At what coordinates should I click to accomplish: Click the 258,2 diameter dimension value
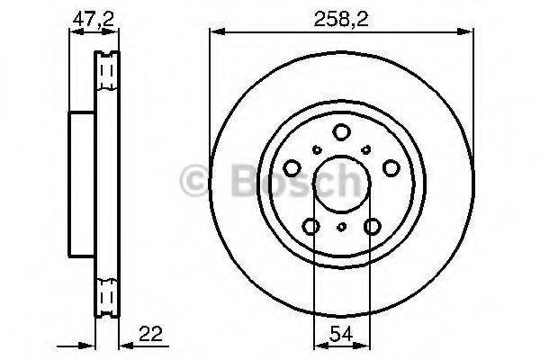tap(341, 19)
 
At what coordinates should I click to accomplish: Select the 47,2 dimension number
tap(93, 19)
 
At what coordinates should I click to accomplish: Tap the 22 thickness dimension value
tap(150, 334)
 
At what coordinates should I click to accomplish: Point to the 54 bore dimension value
tap(341, 334)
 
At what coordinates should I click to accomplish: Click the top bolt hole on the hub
tap(341, 132)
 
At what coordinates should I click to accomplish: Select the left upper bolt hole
tap(292, 168)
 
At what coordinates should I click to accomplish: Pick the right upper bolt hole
tap(391, 168)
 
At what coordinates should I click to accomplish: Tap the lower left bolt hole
tap(310, 226)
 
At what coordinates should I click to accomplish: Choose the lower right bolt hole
tap(373, 226)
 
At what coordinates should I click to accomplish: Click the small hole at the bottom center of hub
tap(342, 227)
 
